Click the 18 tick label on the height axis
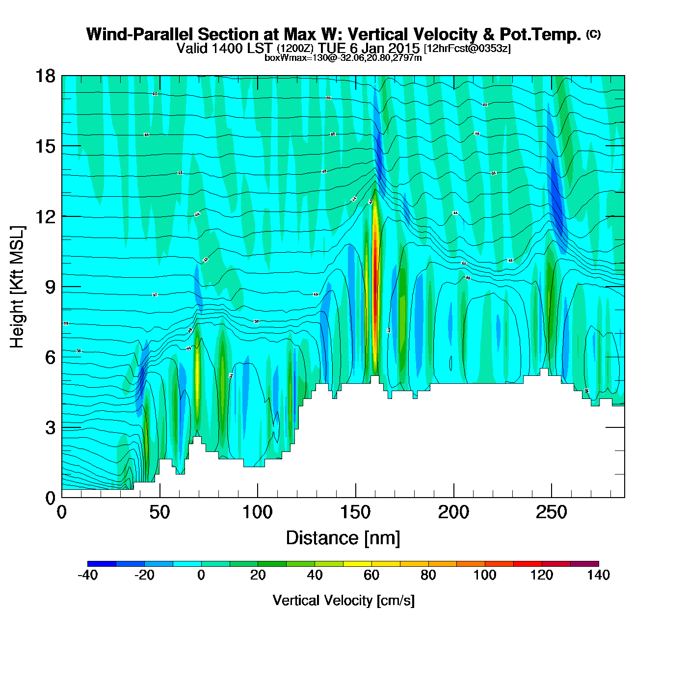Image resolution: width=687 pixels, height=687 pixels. tap(45, 76)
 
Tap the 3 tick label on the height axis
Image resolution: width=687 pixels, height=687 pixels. tap(51, 427)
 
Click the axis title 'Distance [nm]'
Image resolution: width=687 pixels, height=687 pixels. tap(343, 538)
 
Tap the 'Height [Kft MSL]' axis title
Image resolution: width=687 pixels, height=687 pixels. tap(18, 287)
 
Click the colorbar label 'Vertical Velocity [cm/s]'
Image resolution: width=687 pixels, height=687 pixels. tap(343, 600)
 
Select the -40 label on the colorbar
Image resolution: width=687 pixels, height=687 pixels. tap(88, 575)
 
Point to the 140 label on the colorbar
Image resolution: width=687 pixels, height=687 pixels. tap(599, 575)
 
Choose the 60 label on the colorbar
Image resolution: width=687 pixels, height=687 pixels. tap(371, 575)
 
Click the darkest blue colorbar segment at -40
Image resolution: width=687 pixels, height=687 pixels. tap(102, 563)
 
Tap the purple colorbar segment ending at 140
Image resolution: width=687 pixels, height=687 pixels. tap(584, 563)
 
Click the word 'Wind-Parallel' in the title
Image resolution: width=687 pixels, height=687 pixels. tap(140, 34)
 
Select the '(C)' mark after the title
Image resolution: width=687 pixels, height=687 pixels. tap(593, 34)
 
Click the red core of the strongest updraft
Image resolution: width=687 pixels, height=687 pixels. tap(375, 275)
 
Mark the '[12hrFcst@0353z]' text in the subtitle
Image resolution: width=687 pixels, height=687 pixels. tap(467, 49)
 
